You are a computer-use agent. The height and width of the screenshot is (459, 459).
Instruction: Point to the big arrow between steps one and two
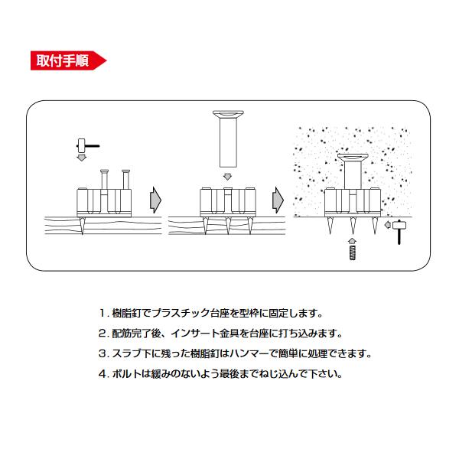click(156, 200)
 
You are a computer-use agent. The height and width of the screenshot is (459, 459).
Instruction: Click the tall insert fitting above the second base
click(226, 138)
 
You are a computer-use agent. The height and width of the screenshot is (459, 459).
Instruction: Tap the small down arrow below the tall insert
click(226, 177)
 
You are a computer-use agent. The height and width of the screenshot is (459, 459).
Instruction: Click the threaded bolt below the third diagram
click(352, 252)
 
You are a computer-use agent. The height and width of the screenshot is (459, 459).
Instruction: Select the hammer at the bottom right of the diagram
click(399, 229)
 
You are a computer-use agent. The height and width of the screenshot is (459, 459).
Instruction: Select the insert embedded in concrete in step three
click(353, 172)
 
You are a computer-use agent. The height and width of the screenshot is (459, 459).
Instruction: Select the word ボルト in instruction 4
click(126, 375)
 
